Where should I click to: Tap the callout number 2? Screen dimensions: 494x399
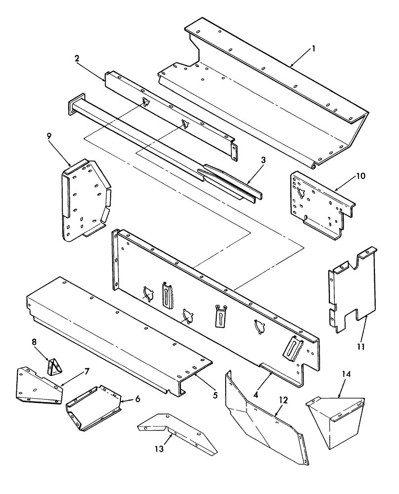[x=77, y=57]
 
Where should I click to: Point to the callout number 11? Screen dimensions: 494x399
[x=361, y=346]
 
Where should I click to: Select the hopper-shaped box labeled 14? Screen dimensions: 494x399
[x=336, y=420]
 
